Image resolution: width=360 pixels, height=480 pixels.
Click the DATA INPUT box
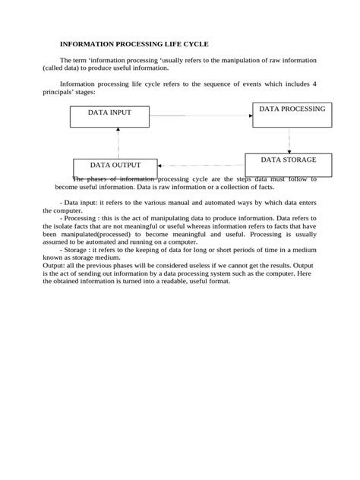point(109,116)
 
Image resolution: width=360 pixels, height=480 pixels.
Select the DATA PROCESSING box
point(292,115)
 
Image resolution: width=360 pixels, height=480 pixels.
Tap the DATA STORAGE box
point(288,164)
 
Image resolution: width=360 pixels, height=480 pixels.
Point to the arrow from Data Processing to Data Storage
point(289,140)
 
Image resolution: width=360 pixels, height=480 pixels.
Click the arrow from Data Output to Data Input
point(117,142)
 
